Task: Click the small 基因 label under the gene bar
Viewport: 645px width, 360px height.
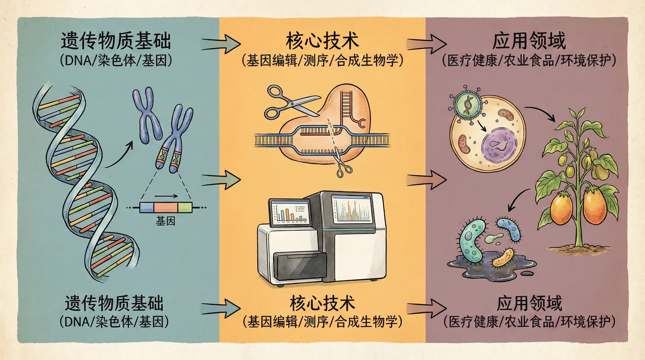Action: click(165, 221)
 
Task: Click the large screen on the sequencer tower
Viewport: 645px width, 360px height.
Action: click(352, 209)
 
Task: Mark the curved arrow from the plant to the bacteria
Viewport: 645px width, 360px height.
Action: click(517, 199)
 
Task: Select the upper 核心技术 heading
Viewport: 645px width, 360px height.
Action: click(322, 41)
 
